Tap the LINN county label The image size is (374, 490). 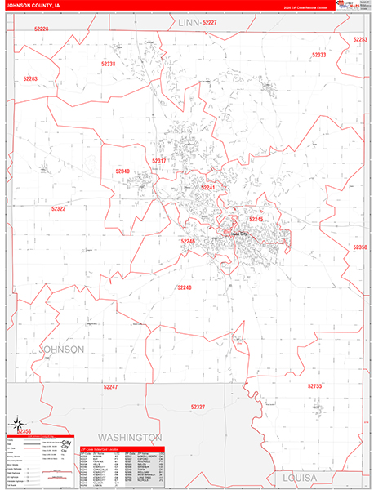189,24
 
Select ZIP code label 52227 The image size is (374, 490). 210,23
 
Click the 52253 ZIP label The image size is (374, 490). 360,40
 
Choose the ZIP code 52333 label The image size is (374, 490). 319,55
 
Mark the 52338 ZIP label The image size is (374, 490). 107,64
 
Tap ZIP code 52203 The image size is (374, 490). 30,79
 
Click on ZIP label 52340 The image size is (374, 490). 122,171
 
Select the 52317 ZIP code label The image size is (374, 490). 158,161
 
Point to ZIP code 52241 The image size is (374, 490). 208,188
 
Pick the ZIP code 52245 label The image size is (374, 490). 256,219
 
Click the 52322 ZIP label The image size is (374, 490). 58,209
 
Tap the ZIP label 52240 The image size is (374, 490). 184,287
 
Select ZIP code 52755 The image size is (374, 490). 316,385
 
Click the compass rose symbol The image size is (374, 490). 16,423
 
